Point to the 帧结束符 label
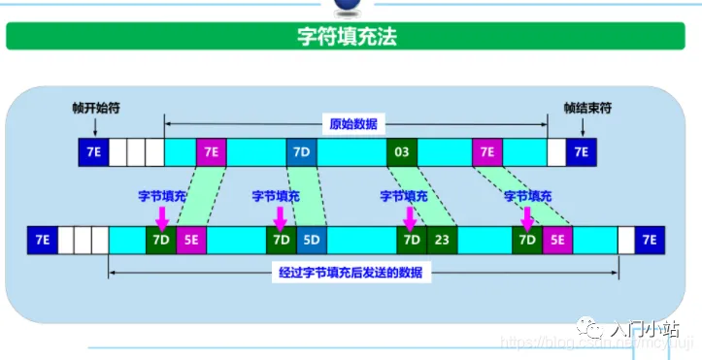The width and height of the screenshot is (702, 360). [x=584, y=109]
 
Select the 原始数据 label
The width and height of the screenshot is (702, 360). [x=353, y=124]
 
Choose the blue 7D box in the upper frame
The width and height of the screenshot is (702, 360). [x=300, y=152]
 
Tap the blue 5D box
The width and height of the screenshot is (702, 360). [x=312, y=239]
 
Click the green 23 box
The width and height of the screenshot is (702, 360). [x=441, y=239]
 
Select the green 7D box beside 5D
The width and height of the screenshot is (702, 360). [x=282, y=239]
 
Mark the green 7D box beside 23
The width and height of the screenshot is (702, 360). [x=411, y=239]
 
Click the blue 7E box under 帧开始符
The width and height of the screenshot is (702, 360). [x=94, y=152]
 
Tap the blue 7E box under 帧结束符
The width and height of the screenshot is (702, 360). [x=581, y=152]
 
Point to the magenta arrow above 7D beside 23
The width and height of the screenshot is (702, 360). [x=409, y=213]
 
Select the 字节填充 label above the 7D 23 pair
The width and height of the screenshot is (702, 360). [x=404, y=195]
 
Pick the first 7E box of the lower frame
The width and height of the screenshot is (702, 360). [x=42, y=239]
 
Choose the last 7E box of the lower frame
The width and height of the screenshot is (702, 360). [x=649, y=239]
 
